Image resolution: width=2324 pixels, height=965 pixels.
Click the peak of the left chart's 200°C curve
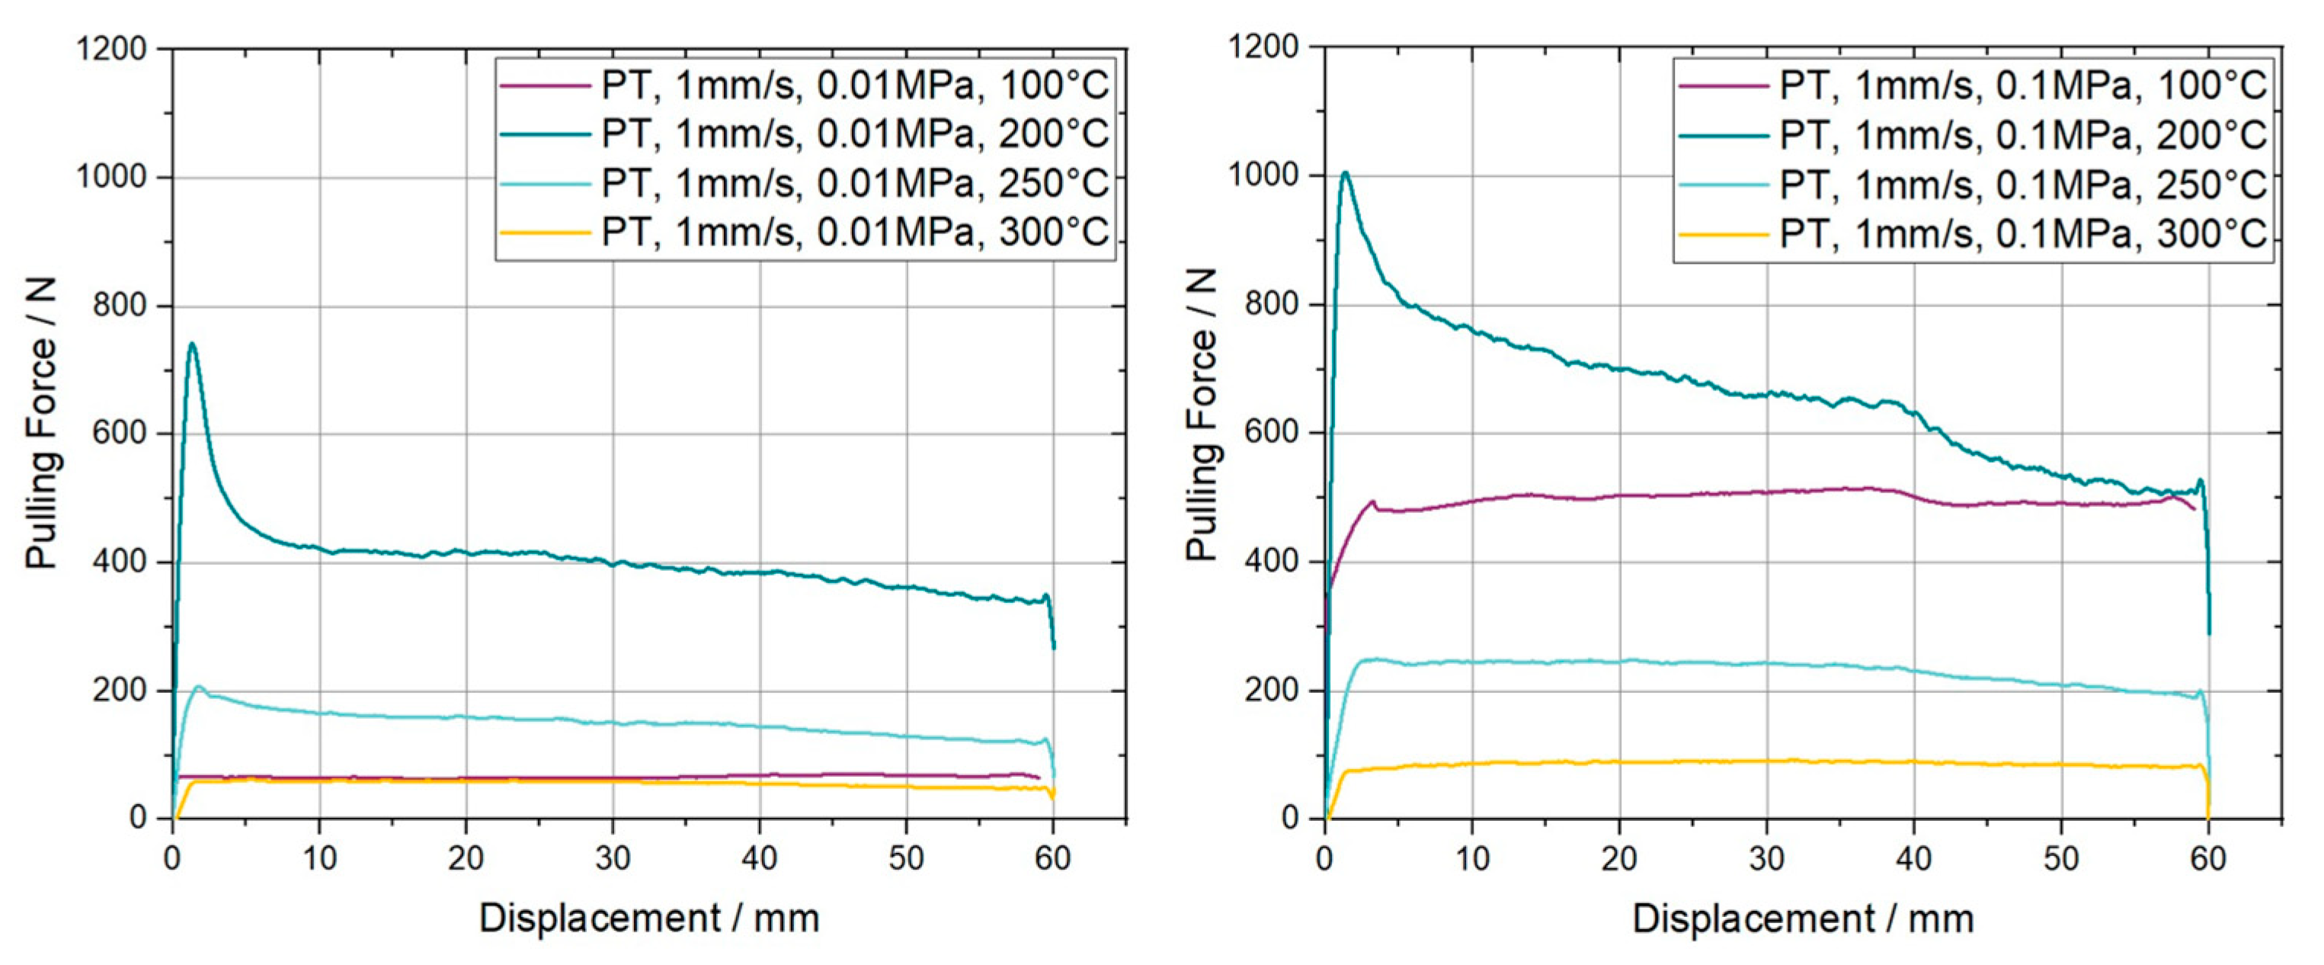point(191,345)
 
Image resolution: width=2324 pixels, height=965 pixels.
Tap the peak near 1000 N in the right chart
point(1345,173)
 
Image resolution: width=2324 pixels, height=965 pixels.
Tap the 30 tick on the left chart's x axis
point(613,858)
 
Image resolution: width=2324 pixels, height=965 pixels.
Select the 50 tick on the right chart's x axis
point(2060,858)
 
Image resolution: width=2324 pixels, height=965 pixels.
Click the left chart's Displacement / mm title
point(648,919)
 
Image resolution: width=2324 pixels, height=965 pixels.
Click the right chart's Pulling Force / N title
point(1202,415)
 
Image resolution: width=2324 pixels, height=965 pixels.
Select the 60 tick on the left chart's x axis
point(1053,858)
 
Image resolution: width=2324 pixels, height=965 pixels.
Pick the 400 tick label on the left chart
point(119,562)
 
